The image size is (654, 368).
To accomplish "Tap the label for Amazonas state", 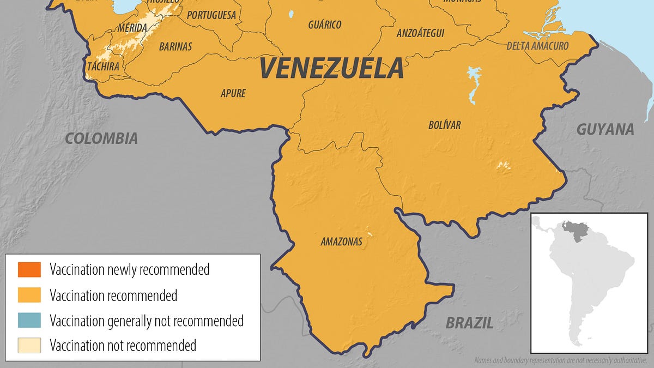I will coord(341,242).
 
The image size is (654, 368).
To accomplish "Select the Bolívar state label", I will coord(444,125).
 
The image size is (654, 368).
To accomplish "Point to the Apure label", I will coord(233,93).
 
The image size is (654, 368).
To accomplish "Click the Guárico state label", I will coord(324,25).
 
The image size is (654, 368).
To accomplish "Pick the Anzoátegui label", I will coord(420,33).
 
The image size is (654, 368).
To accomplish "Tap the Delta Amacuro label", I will coord(537,46).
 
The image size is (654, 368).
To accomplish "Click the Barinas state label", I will coord(175,47).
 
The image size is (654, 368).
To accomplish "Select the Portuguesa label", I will coord(211,15).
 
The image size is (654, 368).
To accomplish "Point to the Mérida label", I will coord(132,27).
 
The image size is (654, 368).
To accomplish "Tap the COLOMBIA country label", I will coord(101,138).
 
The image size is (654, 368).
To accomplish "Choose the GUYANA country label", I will coord(605,129).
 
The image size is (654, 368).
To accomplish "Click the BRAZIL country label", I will coord(469,323).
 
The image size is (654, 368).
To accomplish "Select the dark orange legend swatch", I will coord(29,269).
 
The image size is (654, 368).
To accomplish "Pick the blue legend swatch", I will coord(29,321).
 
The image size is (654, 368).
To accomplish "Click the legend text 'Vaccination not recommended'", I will coord(123,345).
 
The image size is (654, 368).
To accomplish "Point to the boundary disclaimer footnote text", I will coord(561,360).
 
